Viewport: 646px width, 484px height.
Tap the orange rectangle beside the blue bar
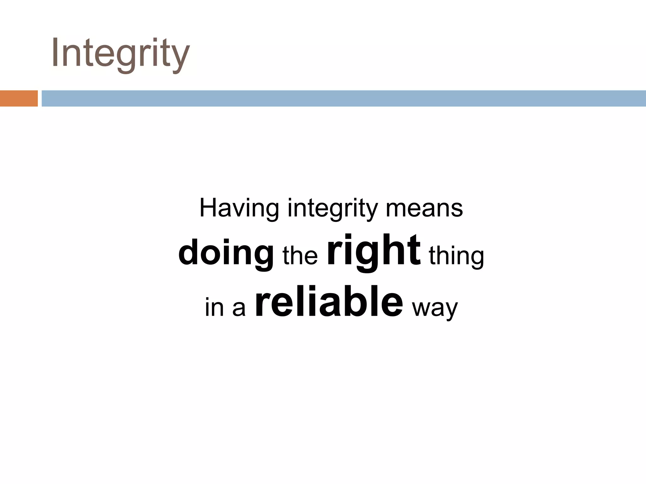click(19, 98)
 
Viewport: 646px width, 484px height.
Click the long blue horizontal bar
click(344, 98)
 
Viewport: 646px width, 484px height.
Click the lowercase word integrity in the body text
click(332, 209)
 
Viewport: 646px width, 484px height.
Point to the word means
click(424, 209)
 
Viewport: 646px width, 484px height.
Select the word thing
click(456, 256)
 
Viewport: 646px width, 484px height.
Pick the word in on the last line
click(214, 307)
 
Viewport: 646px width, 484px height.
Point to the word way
click(435, 308)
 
